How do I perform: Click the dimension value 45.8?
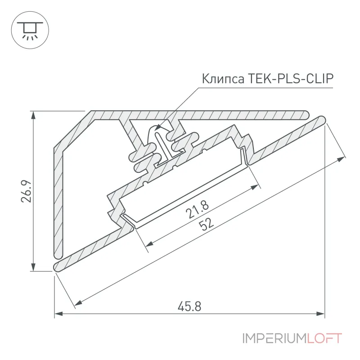189,307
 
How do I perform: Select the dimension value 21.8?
197,209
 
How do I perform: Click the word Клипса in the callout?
223,79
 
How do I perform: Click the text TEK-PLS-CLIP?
290,78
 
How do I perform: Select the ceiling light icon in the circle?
30,30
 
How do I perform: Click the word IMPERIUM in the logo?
274,339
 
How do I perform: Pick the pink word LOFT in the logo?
324,339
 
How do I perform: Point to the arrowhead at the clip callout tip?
158,128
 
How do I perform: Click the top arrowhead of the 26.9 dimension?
33,115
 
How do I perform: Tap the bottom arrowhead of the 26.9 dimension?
33,267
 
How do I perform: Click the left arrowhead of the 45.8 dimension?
58,314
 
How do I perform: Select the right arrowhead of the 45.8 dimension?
320,314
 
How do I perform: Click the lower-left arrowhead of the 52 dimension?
79,303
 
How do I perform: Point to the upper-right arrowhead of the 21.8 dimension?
255,187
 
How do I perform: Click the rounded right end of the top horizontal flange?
305,115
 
